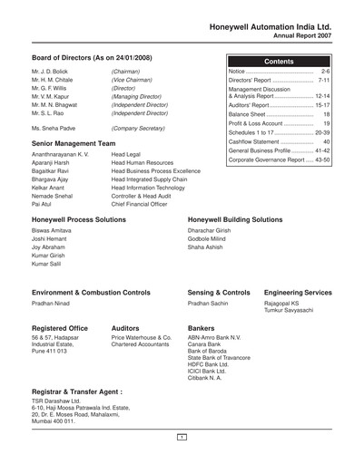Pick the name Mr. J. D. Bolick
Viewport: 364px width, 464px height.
coord(52,70)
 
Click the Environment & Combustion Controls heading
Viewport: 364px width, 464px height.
coord(91,295)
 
